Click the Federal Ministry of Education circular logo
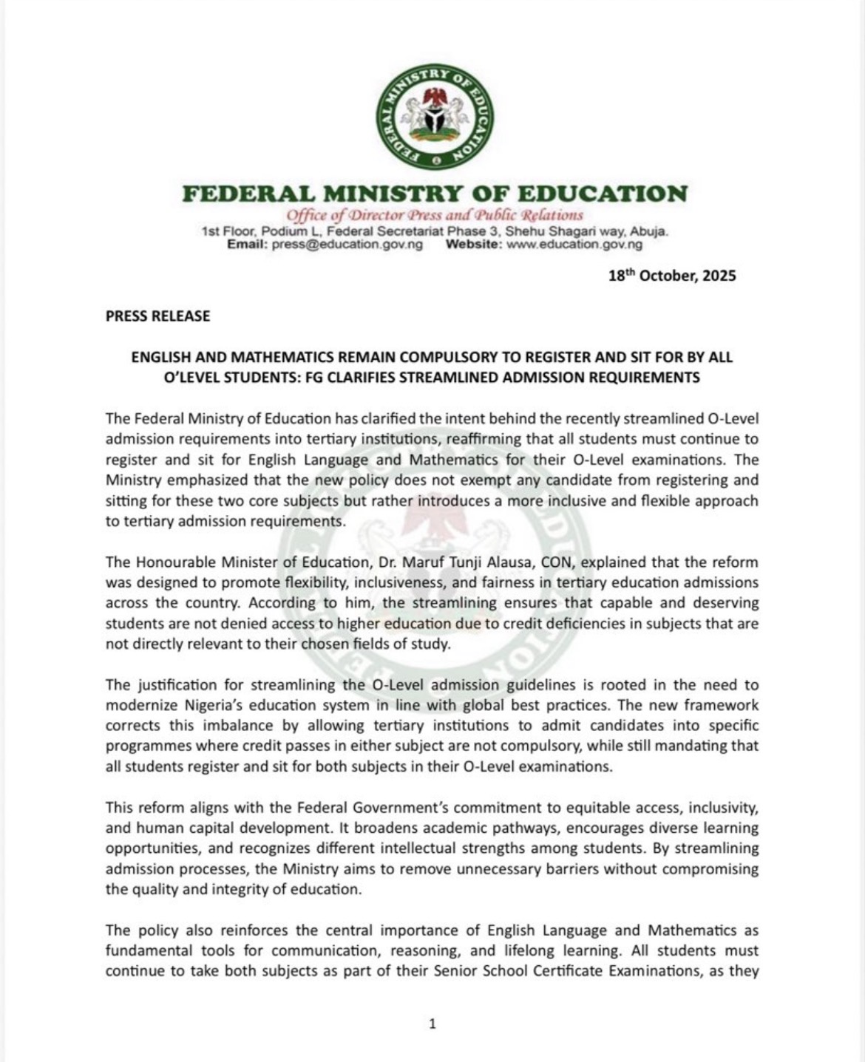pos(435,116)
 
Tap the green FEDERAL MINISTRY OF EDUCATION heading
pos(435,194)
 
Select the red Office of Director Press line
pos(435,216)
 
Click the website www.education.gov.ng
pos(574,245)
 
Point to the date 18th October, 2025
pos(672,276)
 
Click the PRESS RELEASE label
pos(157,316)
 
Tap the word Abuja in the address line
pos(651,232)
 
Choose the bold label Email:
pos(248,245)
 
